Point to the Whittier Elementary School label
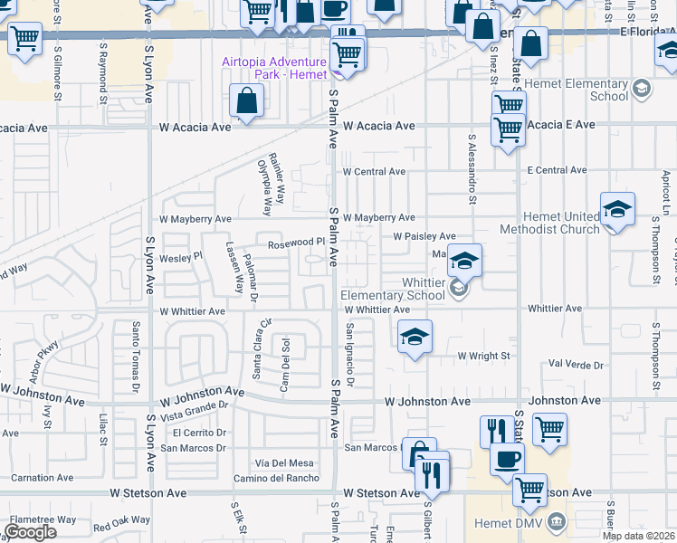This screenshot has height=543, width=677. point(393,289)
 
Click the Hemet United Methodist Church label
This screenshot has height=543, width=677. point(561,223)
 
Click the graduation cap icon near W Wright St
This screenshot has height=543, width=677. point(415,338)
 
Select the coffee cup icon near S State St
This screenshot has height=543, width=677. point(507,458)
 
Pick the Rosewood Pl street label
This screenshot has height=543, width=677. point(295,243)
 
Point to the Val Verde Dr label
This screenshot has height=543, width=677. point(576,365)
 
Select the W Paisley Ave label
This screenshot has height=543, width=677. point(424,236)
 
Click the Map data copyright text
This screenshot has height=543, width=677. point(638,536)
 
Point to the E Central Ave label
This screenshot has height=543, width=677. point(557,170)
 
